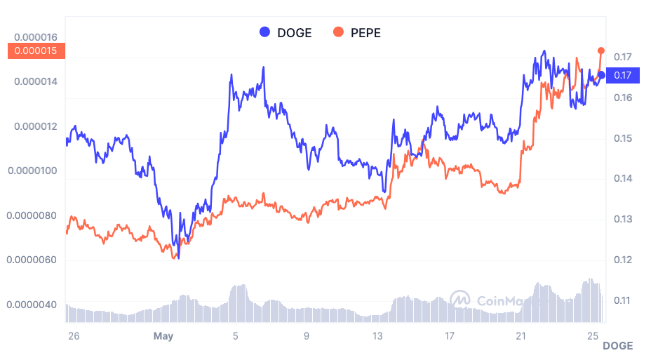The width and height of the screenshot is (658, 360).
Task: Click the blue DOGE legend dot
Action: (x=264, y=32)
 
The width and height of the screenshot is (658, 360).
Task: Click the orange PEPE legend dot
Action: (x=339, y=32)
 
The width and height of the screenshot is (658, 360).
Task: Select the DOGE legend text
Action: (x=295, y=32)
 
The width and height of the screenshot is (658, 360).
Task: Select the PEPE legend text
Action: (x=365, y=32)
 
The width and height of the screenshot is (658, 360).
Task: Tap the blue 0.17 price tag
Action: (x=622, y=75)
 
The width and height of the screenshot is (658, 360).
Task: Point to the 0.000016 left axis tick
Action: (x=36, y=37)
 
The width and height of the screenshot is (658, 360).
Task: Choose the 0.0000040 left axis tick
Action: (x=32, y=305)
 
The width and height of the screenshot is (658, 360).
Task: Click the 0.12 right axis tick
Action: (x=622, y=260)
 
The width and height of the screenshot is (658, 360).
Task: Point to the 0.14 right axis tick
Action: (x=622, y=179)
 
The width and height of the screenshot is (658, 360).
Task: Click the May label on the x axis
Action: (x=163, y=336)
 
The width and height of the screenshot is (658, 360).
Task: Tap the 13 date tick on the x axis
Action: (x=379, y=336)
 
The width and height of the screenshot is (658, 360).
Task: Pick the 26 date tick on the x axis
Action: (x=74, y=336)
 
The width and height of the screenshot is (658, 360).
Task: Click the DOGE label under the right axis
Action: (x=617, y=346)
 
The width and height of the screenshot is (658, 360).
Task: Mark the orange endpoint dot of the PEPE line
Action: (x=601, y=51)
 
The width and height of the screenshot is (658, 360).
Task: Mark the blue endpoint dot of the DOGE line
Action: (x=601, y=75)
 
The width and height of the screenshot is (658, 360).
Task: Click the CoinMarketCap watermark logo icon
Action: (x=460, y=300)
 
